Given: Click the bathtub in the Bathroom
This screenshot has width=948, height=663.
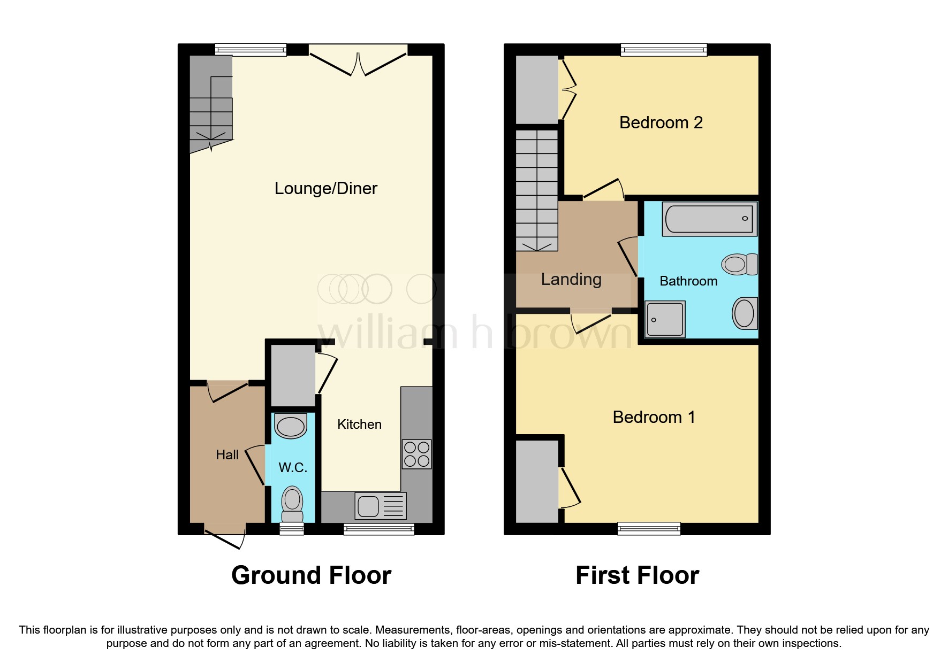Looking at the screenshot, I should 709,219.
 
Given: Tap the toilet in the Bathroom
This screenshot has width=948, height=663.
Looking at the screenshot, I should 740,264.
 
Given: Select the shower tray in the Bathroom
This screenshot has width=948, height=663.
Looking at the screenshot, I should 665,319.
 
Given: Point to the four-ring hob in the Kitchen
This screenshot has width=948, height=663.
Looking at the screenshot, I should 416,454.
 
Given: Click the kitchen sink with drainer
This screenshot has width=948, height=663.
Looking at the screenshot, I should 381,506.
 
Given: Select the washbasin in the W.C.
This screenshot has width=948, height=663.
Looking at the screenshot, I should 291,426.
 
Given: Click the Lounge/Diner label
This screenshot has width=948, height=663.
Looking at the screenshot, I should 325,188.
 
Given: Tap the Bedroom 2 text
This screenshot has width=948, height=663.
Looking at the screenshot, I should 661,122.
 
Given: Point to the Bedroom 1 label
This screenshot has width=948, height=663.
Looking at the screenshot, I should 654,417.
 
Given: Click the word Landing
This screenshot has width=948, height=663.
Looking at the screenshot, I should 571,279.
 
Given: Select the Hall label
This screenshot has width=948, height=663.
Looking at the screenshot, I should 227,454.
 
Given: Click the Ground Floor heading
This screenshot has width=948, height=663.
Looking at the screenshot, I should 311,575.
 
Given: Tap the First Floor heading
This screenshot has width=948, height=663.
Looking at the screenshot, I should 637,575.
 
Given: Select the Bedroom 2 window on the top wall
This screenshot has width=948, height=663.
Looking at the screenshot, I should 664,50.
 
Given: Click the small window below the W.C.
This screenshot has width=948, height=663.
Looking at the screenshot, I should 292,529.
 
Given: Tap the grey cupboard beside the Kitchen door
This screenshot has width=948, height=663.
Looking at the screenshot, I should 292,375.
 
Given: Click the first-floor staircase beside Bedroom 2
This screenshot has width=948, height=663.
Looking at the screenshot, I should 537,190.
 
